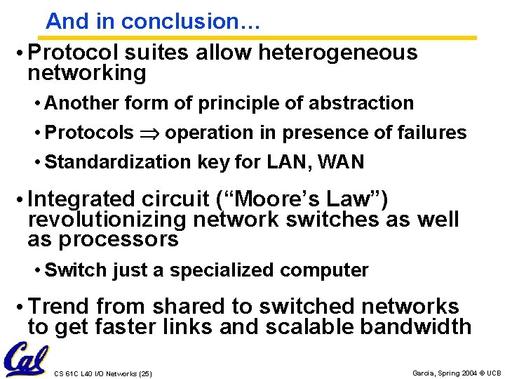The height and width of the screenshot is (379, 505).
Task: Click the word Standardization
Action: pos(117,162)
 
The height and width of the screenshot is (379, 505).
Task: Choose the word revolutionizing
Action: pos(107,220)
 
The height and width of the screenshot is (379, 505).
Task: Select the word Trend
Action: pos(59,307)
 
